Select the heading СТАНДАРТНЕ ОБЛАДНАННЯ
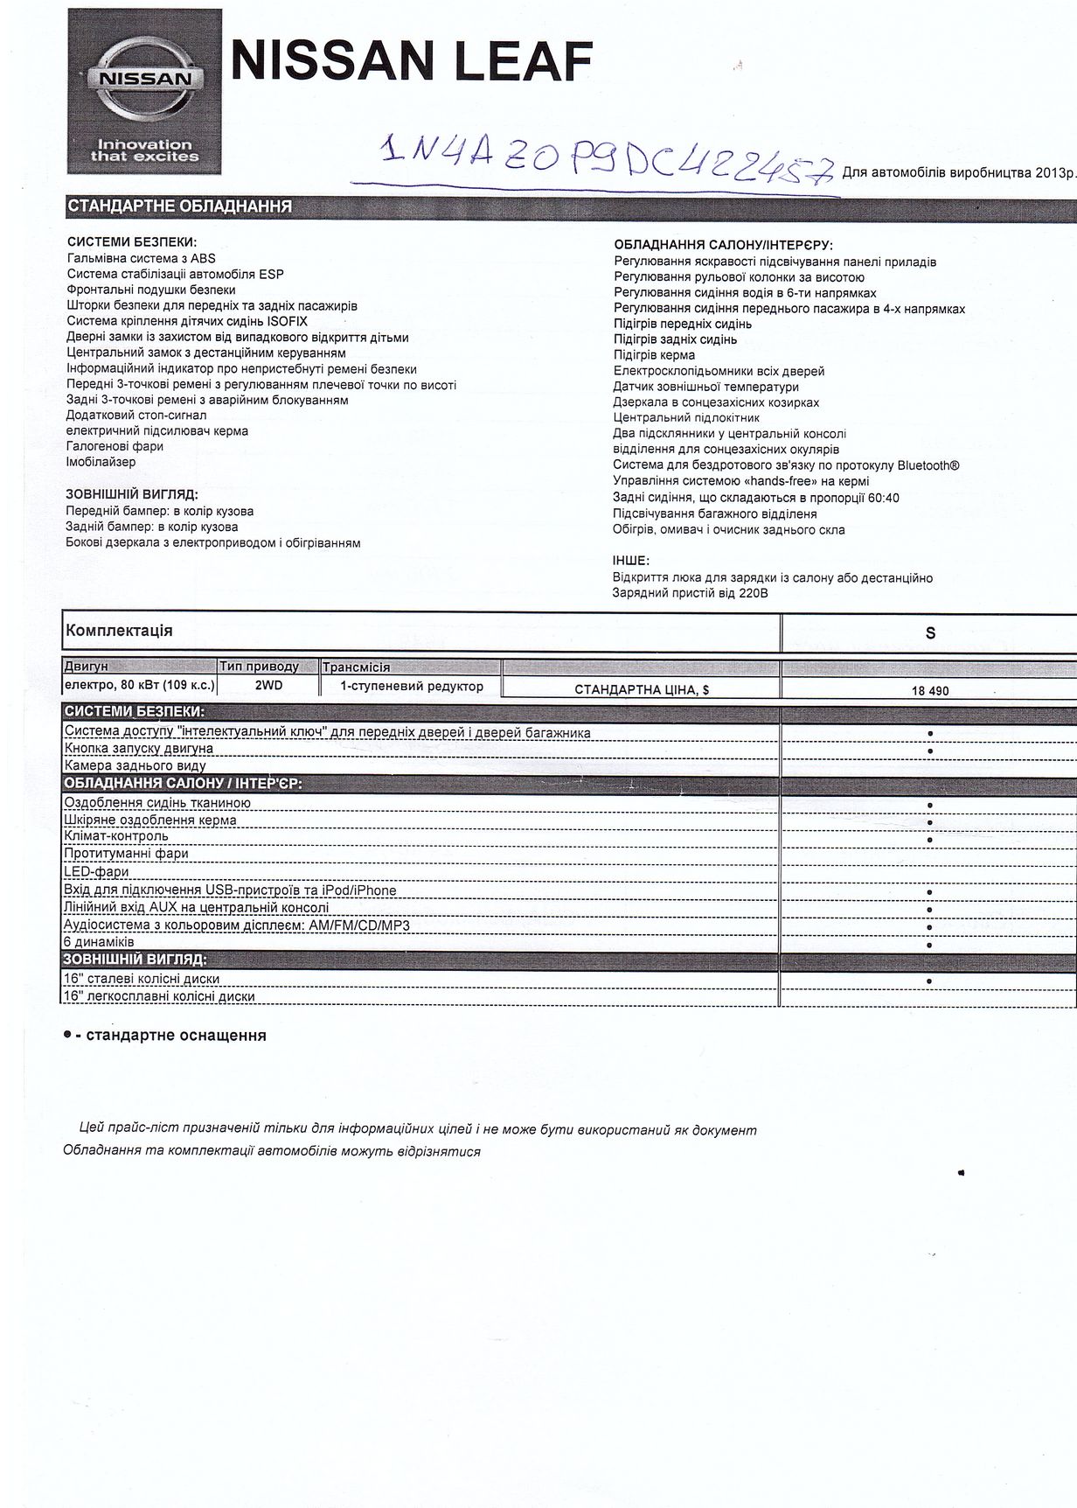[x=179, y=207]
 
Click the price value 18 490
[x=929, y=691]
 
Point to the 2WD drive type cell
[x=268, y=686]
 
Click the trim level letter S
[x=930, y=632]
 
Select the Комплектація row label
[x=119, y=631]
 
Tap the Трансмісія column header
[x=356, y=667]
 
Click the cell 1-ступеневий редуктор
[x=412, y=687]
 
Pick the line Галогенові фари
[x=115, y=446]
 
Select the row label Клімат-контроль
[x=116, y=835]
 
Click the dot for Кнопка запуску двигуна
[x=930, y=751]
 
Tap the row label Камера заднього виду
[x=135, y=765]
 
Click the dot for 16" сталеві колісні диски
[x=929, y=981]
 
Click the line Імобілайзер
[x=101, y=462]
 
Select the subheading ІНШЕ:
[x=631, y=561]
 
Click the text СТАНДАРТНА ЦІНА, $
[x=642, y=689]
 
